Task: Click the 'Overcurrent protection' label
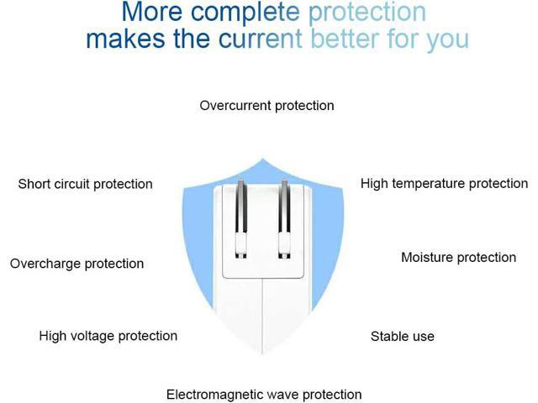[x=267, y=106]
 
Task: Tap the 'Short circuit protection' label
[x=86, y=184]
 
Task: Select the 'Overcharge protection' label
[x=76, y=264]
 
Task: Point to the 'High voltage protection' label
[x=108, y=336]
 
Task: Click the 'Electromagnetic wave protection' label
[x=264, y=395]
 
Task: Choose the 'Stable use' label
[x=403, y=336]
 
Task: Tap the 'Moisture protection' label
[x=459, y=258]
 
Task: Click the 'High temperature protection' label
[x=445, y=184]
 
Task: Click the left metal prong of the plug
[x=241, y=218]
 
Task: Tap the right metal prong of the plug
[x=284, y=218]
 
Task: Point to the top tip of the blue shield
[x=262, y=159]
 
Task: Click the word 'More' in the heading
[x=151, y=12]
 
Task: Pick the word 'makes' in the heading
[x=125, y=39]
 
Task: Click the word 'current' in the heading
[x=261, y=39]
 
